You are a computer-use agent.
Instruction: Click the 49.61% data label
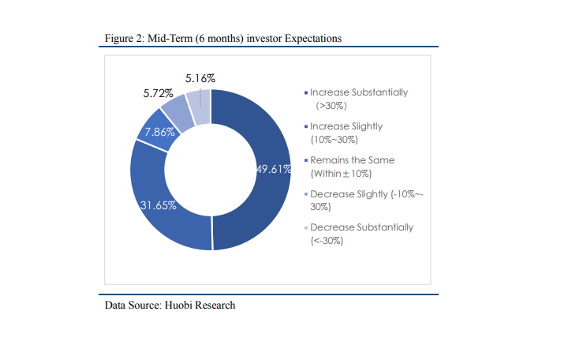pos(274,169)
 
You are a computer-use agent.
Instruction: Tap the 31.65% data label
pos(159,205)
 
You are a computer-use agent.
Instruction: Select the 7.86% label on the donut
pos(159,132)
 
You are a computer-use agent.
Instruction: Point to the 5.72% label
pos(158,93)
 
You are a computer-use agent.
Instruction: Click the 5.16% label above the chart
pos(200,78)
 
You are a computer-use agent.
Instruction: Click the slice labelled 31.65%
pos(159,203)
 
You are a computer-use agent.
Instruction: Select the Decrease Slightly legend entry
pos(364,200)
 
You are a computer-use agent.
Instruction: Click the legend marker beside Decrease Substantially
pos(306,227)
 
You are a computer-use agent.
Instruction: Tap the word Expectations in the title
pos(313,39)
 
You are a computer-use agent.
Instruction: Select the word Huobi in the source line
pos(178,306)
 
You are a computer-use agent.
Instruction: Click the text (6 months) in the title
pos(219,39)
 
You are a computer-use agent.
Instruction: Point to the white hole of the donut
pos(211,170)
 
